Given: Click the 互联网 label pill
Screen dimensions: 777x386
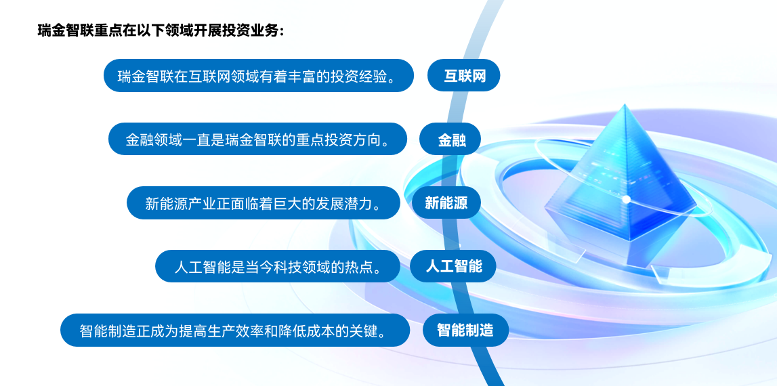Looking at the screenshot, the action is point(464,75).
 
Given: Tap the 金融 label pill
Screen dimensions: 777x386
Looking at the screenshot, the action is point(450,139).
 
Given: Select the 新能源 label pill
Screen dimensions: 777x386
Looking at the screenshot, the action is point(446,202).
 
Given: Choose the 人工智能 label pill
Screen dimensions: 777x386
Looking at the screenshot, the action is point(453,266).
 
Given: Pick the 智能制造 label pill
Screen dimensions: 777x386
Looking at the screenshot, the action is point(466,330).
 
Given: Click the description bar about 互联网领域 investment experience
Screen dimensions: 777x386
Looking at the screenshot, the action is point(259,75).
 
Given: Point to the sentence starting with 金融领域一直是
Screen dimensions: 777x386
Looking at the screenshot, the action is point(257,139).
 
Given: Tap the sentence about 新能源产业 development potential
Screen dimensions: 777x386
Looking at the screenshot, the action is point(263,202).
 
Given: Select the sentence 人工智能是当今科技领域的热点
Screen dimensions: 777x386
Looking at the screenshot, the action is point(278,266).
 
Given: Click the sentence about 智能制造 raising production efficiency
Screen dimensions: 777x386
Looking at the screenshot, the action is point(235,330).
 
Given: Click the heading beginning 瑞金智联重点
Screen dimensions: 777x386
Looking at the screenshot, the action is point(161,30).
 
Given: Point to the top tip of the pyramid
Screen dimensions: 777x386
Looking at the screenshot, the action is point(625,104).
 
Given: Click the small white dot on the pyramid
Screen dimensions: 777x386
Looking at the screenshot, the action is point(626,199).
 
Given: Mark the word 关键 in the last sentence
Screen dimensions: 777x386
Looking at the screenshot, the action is point(367,330).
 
